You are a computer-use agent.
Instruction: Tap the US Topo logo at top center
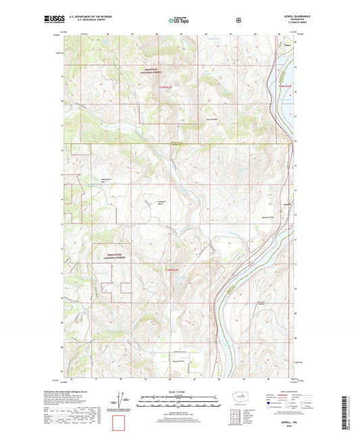coord(178,20)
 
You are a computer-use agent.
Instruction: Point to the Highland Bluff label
coord(161,203)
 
